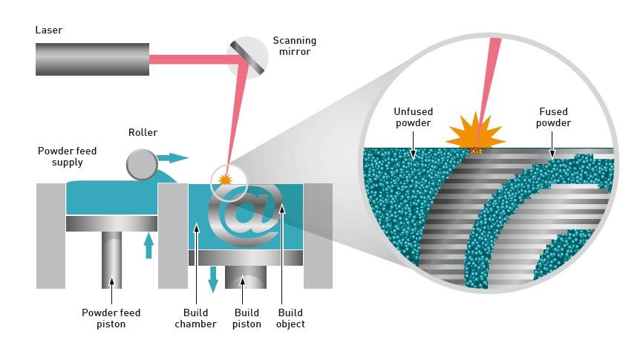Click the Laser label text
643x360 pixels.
click(x=49, y=30)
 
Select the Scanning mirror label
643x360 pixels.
click(x=294, y=46)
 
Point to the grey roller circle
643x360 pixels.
click(x=141, y=164)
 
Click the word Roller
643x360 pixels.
click(x=142, y=133)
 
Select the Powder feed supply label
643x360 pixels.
click(x=67, y=157)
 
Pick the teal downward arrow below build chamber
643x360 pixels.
click(x=213, y=278)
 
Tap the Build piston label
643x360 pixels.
click(x=247, y=318)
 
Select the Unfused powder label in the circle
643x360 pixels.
click(x=412, y=117)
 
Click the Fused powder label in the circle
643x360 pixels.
click(x=555, y=117)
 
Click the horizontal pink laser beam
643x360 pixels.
click(x=189, y=59)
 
